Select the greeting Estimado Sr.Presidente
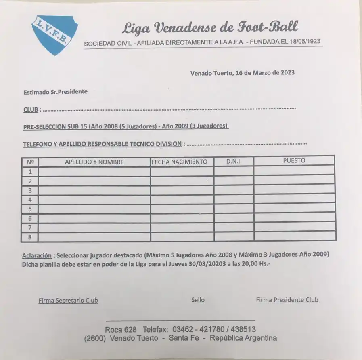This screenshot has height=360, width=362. pyautogui.click(x=55, y=92)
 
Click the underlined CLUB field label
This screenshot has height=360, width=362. pyautogui.click(x=31, y=109)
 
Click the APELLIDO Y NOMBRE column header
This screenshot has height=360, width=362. pyautogui.click(x=94, y=162)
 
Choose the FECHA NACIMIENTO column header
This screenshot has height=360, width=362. pyautogui.click(x=182, y=162)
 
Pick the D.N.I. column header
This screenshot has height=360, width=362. pyautogui.click(x=234, y=161)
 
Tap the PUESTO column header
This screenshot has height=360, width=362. pyautogui.click(x=294, y=160)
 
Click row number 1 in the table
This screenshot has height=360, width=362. pyautogui.click(x=30, y=171)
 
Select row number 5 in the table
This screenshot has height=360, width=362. pyautogui.click(x=30, y=209)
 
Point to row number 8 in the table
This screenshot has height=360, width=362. pyautogui.click(x=30, y=237)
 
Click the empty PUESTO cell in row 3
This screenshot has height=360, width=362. pyautogui.click(x=294, y=189)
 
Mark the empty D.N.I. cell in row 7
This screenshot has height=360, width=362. pyautogui.click(x=234, y=227)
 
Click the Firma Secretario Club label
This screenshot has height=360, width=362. pyautogui.click(x=68, y=300)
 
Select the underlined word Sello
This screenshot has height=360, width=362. pyautogui.click(x=198, y=300)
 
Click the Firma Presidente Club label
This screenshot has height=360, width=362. pyautogui.click(x=287, y=300)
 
